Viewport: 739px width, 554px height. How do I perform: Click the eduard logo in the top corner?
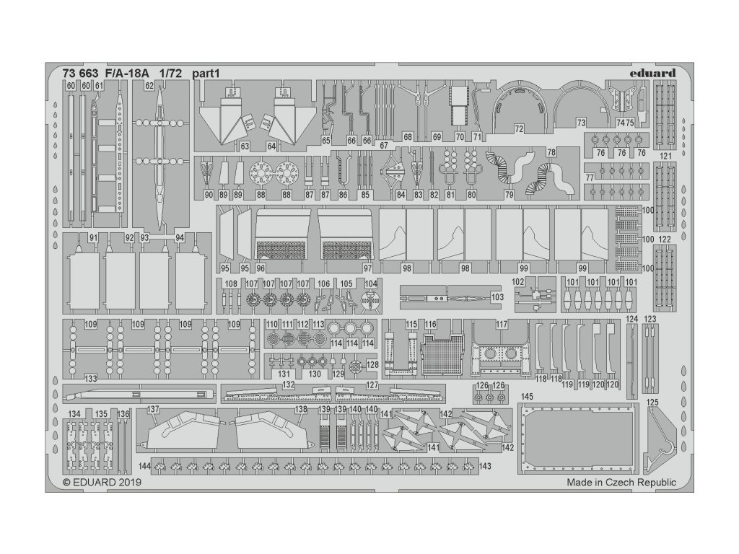click(x=652, y=72)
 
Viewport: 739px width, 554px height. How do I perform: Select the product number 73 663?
click(x=79, y=73)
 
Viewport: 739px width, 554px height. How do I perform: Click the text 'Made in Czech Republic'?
click(x=621, y=483)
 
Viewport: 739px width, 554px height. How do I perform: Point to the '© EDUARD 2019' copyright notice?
click(x=102, y=483)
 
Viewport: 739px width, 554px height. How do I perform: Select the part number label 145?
click(x=527, y=397)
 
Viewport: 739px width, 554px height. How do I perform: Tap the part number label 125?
click(x=653, y=403)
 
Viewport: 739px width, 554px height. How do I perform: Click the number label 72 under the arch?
click(x=518, y=128)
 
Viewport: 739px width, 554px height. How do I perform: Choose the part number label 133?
click(x=90, y=378)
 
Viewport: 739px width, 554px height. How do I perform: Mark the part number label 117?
click(x=502, y=325)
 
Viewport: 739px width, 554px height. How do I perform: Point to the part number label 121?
click(x=665, y=156)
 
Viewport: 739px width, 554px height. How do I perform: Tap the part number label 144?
click(x=145, y=467)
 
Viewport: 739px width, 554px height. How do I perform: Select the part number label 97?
click(x=367, y=268)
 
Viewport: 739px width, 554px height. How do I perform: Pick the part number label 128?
click(x=372, y=366)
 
